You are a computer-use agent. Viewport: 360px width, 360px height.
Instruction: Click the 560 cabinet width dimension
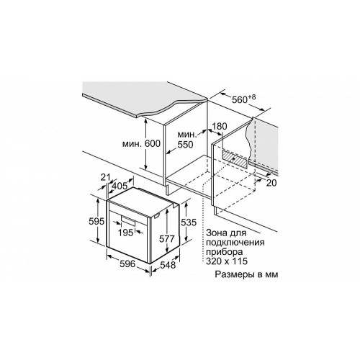(240, 99)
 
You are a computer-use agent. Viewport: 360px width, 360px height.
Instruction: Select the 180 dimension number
(220, 126)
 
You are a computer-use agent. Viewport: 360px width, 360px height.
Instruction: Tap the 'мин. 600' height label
(141, 144)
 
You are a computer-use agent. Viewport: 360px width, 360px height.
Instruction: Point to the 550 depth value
(185, 145)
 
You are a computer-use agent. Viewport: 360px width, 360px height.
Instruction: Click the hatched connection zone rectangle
(235, 158)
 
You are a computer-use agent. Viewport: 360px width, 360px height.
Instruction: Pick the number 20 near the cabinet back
(271, 183)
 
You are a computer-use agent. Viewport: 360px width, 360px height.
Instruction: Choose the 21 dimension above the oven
(105, 177)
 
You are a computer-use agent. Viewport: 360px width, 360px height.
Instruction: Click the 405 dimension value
(120, 186)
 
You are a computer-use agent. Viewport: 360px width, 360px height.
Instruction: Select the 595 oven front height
(96, 221)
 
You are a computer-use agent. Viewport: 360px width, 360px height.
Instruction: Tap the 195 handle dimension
(126, 233)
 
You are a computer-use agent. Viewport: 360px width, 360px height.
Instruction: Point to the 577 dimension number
(167, 239)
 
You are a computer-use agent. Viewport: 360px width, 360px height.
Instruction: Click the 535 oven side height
(189, 222)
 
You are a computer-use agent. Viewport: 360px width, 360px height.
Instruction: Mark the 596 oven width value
(127, 264)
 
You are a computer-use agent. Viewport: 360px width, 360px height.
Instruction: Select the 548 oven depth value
(168, 265)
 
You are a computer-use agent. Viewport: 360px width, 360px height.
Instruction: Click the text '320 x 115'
(227, 261)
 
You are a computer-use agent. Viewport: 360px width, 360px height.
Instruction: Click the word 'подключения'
(235, 243)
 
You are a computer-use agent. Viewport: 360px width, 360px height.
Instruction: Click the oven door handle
(128, 220)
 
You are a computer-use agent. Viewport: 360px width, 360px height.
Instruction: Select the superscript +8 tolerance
(252, 97)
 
